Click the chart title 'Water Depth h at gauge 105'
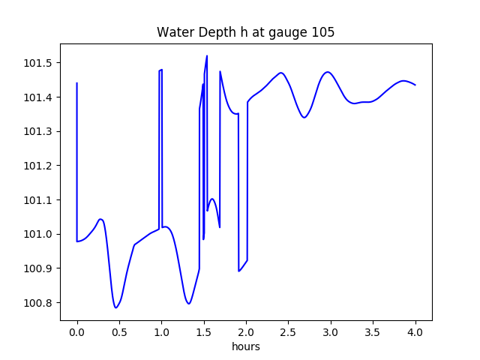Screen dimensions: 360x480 click(245, 32)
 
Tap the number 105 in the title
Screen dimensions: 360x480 click(324, 32)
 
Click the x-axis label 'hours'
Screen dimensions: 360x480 click(245, 347)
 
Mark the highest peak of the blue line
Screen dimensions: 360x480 click(207, 55)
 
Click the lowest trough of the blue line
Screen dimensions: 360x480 click(116, 307)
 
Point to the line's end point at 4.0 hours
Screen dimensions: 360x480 click(415, 85)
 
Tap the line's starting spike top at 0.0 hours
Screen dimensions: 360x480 click(77, 83)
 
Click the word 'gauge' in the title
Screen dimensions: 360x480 click(284, 34)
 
